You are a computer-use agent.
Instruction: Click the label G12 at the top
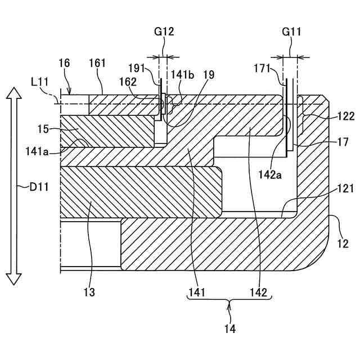[x=164, y=32]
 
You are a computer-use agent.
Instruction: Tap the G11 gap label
[x=291, y=32]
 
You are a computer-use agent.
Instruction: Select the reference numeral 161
[x=97, y=63]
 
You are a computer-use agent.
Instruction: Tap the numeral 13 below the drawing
[x=89, y=292]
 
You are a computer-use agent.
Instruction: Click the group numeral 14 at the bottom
[x=229, y=328]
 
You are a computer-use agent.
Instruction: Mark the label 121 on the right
[x=345, y=188]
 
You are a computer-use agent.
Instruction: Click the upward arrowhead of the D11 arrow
[x=14, y=93]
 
